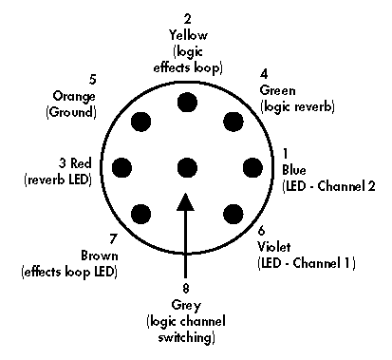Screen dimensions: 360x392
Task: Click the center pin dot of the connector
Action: [x=186, y=168]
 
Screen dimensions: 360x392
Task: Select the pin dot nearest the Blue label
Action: [x=252, y=168]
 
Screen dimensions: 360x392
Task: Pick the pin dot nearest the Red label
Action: [x=121, y=168]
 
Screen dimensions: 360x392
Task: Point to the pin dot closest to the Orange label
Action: [x=140, y=122]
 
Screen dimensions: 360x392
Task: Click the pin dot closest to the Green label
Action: [x=233, y=122]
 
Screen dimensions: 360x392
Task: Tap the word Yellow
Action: [x=187, y=35]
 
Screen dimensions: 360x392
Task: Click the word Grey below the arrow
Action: [x=186, y=305]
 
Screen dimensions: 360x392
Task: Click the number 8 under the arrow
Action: [x=186, y=288]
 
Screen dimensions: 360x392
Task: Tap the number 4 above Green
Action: [x=265, y=73]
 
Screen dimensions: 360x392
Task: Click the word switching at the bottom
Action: [x=186, y=337]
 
